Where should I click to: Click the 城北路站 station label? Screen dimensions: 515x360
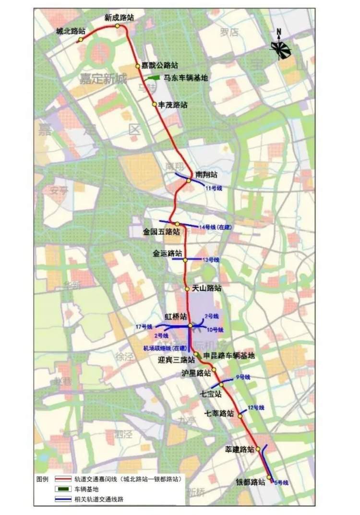click(71, 31)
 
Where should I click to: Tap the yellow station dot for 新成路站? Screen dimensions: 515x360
click(117, 26)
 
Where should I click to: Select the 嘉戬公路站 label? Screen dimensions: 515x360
click(159, 65)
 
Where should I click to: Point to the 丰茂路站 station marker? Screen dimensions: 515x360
click(154, 104)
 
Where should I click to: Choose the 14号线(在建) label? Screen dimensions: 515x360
click(215, 226)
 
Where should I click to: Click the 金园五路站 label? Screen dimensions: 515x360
click(161, 231)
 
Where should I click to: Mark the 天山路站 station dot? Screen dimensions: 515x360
click(188, 289)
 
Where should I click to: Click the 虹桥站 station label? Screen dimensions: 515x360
click(173, 317)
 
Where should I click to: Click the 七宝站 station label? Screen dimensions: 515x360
click(211, 394)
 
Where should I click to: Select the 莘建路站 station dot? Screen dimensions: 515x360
click(258, 449)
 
